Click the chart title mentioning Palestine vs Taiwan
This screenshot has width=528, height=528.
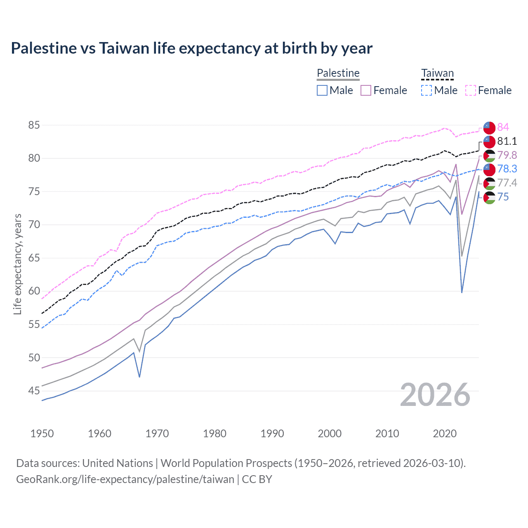pyautogui.click(x=191, y=48)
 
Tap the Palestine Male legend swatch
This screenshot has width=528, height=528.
pyautogui.click(x=322, y=90)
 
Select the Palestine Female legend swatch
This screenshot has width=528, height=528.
pyautogui.click(x=366, y=90)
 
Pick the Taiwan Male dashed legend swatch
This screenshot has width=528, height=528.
pyautogui.click(x=427, y=90)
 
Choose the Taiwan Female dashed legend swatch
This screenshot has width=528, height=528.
pyautogui.click(x=471, y=90)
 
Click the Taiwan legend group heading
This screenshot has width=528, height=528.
pyautogui.click(x=437, y=73)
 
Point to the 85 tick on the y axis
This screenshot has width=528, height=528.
pyautogui.click(x=34, y=125)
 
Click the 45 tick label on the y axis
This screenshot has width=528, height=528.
pyautogui.click(x=34, y=391)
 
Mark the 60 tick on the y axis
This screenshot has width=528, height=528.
pyautogui.click(x=34, y=291)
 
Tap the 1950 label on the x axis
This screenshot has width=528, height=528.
pyautogui.click(x=42, y=434)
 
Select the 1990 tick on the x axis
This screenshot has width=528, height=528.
pyautogui.click(x=272, y=434)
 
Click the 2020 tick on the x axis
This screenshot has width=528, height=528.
pyautogui.click(x=445, y=434)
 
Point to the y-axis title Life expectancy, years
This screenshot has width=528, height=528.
pyautogui.click(x=17, y=264)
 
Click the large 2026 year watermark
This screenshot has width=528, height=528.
pyautogui.click(x=435, y=395)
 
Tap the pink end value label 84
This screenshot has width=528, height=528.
pyautogui.click(x=503, y=127)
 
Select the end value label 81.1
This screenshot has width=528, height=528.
pyautogui.click(x=507, y=141)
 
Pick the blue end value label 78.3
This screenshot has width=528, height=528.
pyautogui.click(x=507, y=169)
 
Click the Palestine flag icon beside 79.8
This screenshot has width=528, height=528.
pyautogui.click(x=489, y=156)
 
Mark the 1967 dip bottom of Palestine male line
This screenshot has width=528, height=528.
pyautogui.click(x=139, y=377)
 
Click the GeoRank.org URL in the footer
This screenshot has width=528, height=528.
pyautogui.click(x=125, y=479)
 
